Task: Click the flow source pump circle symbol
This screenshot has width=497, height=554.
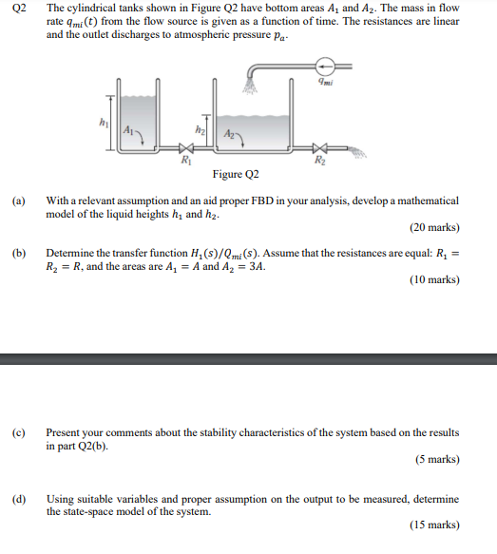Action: pyautogui.click(x=324, y=67)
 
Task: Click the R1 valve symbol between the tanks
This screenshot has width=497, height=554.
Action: pyautogui.click(x=187, y=148)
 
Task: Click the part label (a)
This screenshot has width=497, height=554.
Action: pyautogui.click(x=18, y=201)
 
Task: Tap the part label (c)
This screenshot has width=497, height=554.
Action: pyautogui.click(x=18, y=432)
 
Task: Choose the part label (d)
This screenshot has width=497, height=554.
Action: pyautogui.click(x=18, y=499)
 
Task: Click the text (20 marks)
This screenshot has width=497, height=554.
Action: pyautogui.click(x=433, y=228)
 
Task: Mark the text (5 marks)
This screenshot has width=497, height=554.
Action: pyautogui.click(x=437, y=459)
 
